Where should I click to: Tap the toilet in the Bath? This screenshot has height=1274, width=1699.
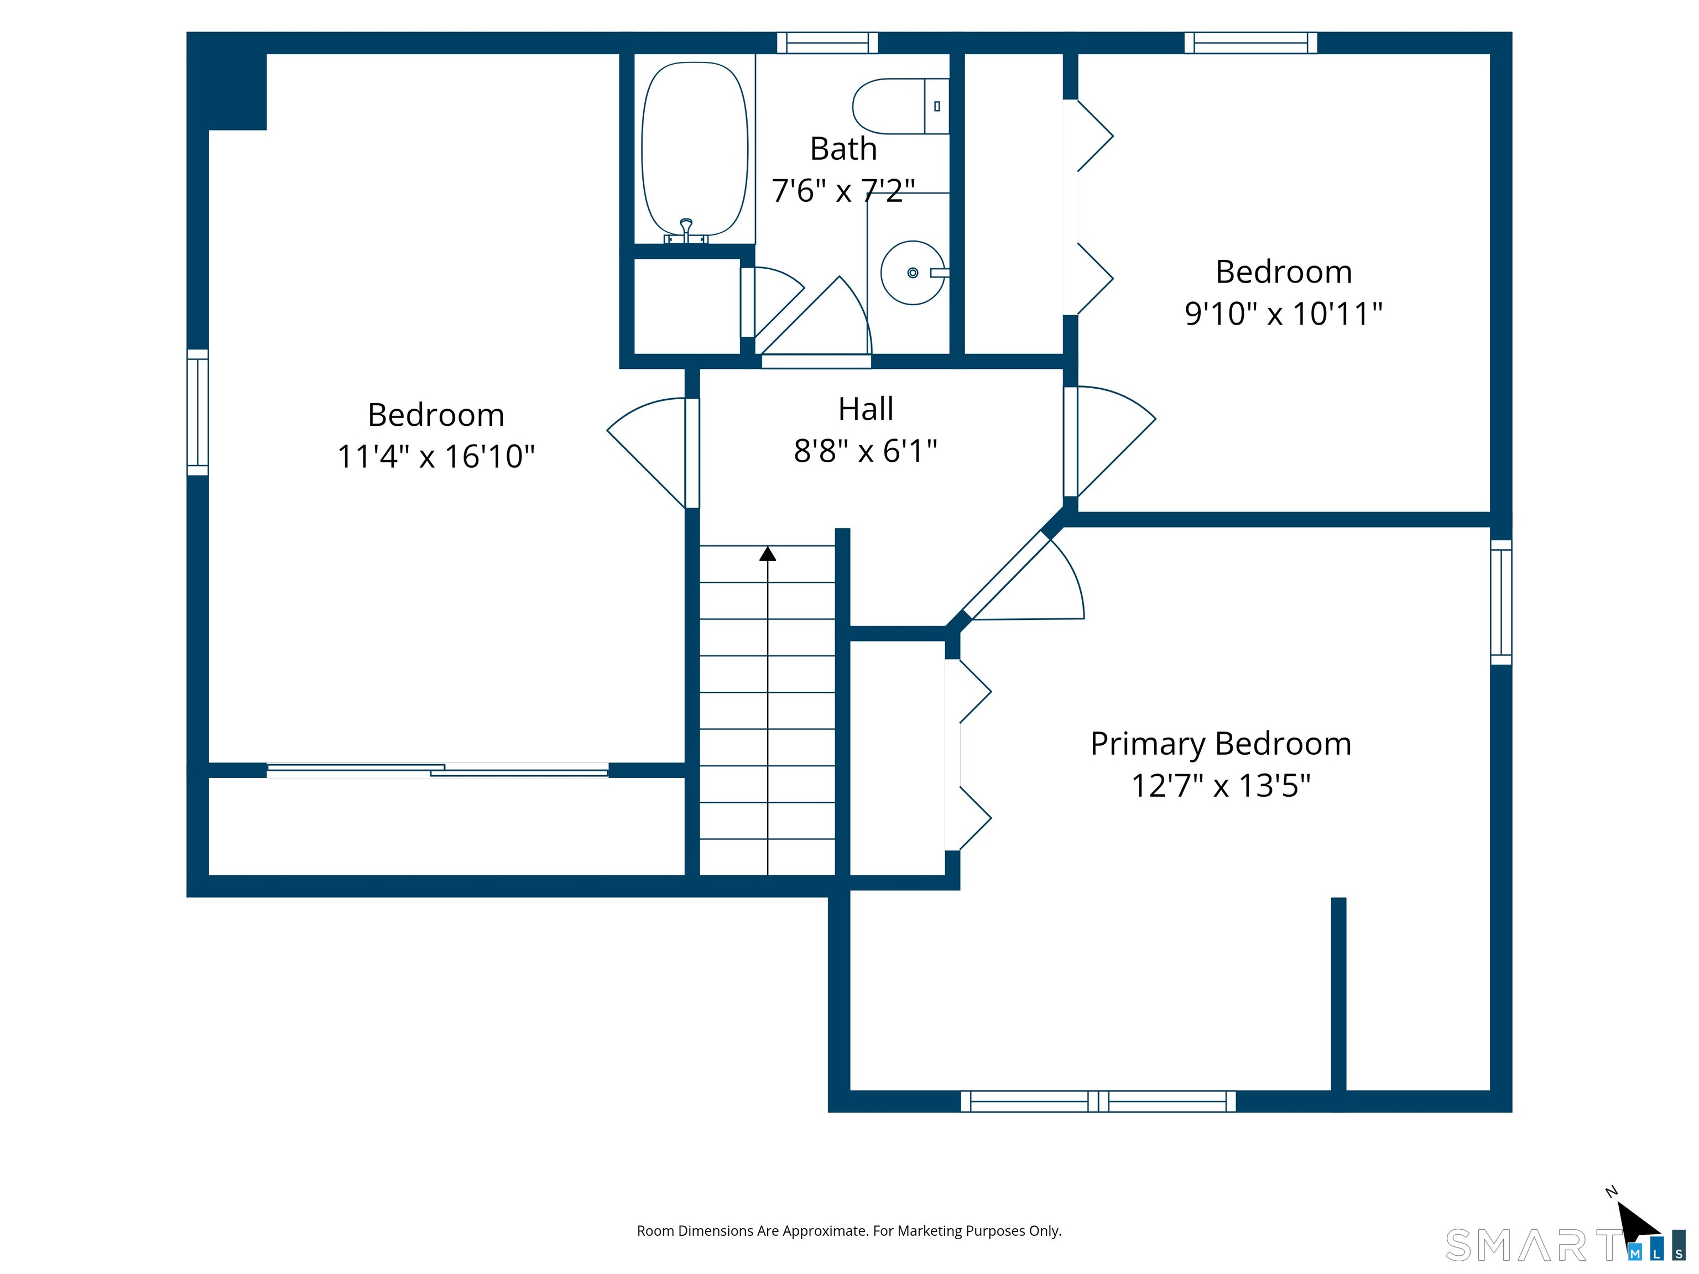click(901, 106)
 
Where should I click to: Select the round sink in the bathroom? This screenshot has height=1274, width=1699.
click(913, 273)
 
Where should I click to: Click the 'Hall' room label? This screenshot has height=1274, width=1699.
click(866, 409)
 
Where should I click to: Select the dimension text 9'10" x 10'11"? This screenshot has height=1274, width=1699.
click(1284, 314)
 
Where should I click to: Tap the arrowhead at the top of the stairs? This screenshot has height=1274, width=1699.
click(767, 554)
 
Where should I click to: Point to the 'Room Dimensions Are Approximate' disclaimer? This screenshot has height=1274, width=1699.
click(849, 1231)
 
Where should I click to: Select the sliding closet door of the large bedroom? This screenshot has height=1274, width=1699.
click(437, 770)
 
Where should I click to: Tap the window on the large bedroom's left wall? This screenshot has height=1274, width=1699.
click(197, 413)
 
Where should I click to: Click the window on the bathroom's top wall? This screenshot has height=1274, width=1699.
click(827, 43)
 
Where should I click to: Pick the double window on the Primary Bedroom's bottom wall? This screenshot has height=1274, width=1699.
click(1098, 1101)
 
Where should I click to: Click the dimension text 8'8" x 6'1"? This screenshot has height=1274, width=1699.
click(866, 451)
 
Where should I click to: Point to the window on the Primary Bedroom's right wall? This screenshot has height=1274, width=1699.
click(1501, 602)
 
